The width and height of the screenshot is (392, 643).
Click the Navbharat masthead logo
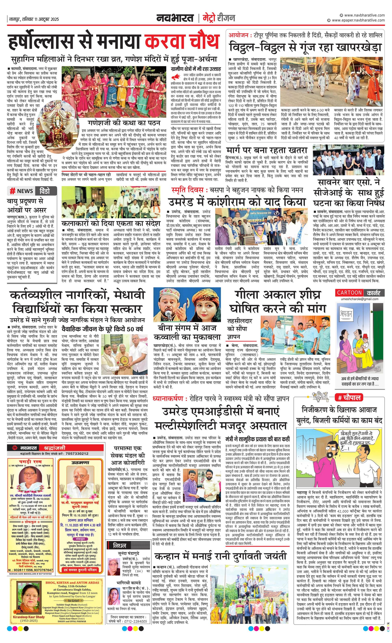(175, 18)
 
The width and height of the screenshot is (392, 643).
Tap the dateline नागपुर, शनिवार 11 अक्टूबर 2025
(34, 19)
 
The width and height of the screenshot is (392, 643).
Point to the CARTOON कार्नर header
(358, 293)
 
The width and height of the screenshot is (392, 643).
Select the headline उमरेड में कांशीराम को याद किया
(237, 201)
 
